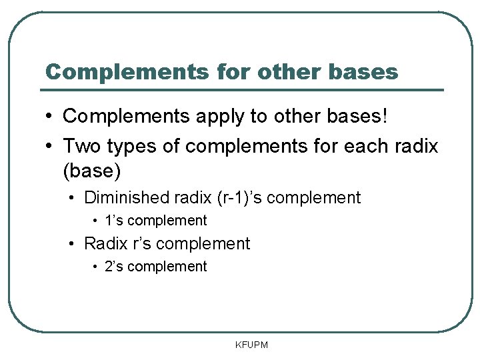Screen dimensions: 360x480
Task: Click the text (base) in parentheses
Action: (91, 171)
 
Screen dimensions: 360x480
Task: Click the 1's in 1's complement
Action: (113, 221)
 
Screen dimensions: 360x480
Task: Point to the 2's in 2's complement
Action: (113, 267)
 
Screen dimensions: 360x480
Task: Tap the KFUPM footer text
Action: (251, 345)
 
